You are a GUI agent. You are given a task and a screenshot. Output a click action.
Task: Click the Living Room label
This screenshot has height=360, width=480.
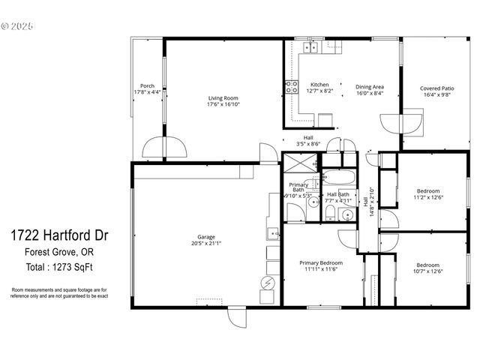pyautogui.click(x=223, y=98)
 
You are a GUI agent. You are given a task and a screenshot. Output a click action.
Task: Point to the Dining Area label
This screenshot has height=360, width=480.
pyautogui.click(x=369, y=86)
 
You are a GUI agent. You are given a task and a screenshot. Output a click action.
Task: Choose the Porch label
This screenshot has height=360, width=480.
pyautogui.click(x=147, y=85)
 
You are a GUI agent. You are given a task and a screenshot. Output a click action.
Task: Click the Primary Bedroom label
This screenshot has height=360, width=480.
pyautogui.click(x=321, y=263)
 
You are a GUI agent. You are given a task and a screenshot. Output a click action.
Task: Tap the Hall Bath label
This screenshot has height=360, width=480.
pyautogui.click(x=338, y=195)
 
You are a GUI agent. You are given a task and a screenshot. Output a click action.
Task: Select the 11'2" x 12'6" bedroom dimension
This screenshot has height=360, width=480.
pyautogui.click(x=428, y=198)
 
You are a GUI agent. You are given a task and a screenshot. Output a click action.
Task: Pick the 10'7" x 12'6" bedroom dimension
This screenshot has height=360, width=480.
pyautogui.click(x=428, y=271)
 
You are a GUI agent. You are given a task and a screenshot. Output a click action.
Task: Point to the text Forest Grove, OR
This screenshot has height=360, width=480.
pyautogui.click(x=52, y=252)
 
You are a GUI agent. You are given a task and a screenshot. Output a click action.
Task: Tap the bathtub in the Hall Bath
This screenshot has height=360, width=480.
pyautogui.click(x=339, y=178)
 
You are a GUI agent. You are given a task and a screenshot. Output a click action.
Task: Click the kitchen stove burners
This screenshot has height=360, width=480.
pyautogui.click(x=291, y=87)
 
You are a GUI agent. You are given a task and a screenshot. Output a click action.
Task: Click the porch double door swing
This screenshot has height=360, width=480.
pyautogui.click(x=164, y=147)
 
